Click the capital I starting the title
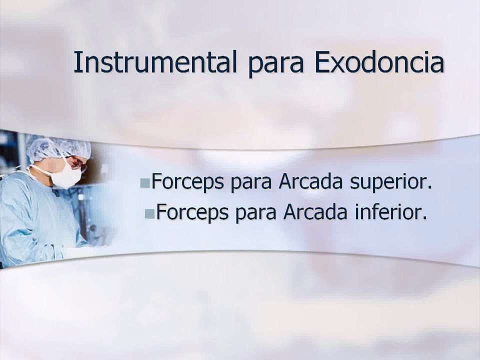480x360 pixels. tap(78, 62)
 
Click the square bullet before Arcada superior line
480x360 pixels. tap(145, 183)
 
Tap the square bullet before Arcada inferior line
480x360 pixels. tap(149, 214)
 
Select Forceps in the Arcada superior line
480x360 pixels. tap(187, 182)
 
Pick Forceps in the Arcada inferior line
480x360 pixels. tap(192, 213)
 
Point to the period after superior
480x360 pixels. tap(428, 189)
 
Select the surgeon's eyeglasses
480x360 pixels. tap(76, 162)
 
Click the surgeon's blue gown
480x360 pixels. tap(30, 220)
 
